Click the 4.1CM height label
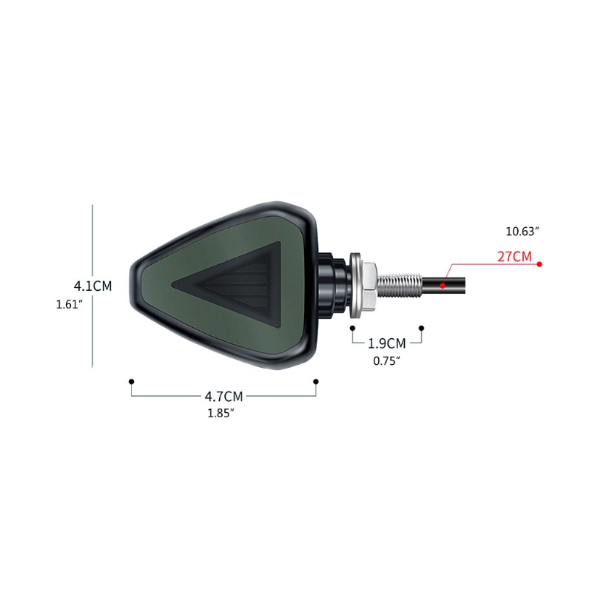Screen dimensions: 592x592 coord(93,286)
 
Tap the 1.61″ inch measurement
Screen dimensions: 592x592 coord(70,304)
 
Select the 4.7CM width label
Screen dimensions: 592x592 coord(224,397)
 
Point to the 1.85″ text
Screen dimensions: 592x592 coord(221,413)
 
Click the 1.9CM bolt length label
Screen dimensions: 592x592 coord(387,343)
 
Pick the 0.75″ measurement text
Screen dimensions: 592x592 coord(386,360)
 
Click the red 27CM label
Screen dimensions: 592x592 coord(514,257)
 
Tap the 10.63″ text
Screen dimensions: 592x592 coord(522,231)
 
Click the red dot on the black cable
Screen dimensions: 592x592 coord(443,286)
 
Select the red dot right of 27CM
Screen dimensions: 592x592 coord(539,264)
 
